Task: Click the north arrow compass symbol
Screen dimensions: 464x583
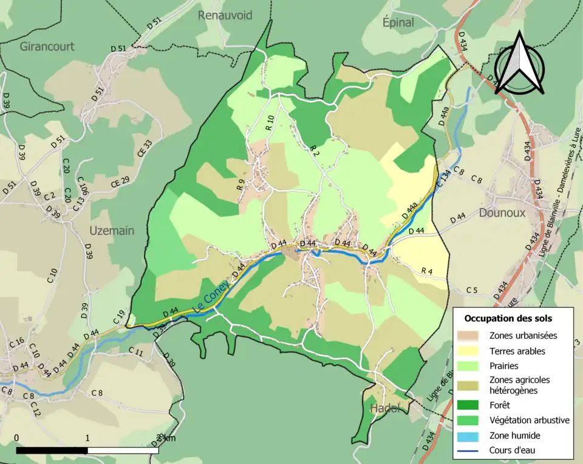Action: coord(519,64)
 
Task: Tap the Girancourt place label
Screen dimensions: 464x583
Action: coord(47,47)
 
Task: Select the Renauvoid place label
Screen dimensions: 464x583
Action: coord(225,15)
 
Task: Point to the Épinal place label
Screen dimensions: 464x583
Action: coord(398,23)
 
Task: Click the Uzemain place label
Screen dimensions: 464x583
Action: coord(112,231)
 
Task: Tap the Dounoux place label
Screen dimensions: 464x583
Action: coord(501,213)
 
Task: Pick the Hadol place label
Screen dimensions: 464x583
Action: coord(386,408)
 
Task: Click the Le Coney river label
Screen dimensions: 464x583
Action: coord(211,297)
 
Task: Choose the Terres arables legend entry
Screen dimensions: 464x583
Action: coord(517,351)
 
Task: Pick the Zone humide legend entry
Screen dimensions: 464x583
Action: coord(514,435)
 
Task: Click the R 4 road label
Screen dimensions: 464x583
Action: coord(428,271)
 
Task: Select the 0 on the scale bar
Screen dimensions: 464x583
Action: coord(16,438)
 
